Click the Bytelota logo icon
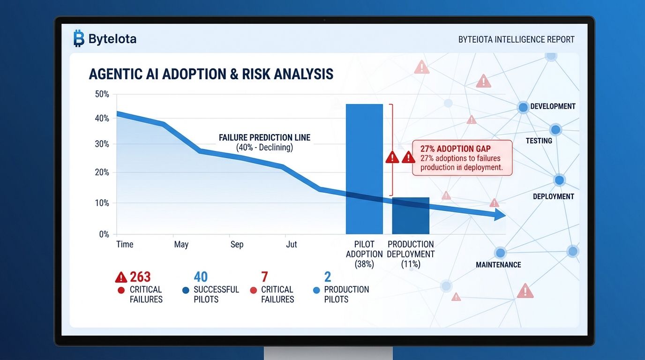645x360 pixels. click(x=78, y=39)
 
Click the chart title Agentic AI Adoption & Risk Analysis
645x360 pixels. click(x=210, y=74)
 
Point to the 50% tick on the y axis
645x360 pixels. click(x=102, y=94)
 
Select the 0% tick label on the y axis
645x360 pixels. click(x=104, y=234)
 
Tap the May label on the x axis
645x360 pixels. click(x=181, y=244)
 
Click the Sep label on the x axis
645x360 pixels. click(x=237, y=244)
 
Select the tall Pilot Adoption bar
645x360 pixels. click(x=364, y=169)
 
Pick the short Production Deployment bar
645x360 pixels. click(x=411, y=216)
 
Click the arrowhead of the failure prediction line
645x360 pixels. click(x=500, y=216)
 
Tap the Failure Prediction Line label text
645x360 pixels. click(x=264, y=138)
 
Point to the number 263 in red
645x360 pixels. click(x=140, y=277)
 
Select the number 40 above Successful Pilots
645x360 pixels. click(x=201, y=277)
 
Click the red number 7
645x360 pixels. click(x=265, y=277)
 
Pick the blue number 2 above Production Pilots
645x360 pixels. click(x=328, y=277)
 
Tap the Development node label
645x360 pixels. click(x=553, y=106)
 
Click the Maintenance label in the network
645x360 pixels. click(x=498, y=265)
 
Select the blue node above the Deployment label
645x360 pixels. click(x=559, y=180)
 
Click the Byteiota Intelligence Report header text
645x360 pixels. click(x=516, y=40)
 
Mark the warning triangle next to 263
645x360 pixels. click(x=121, y=277)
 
